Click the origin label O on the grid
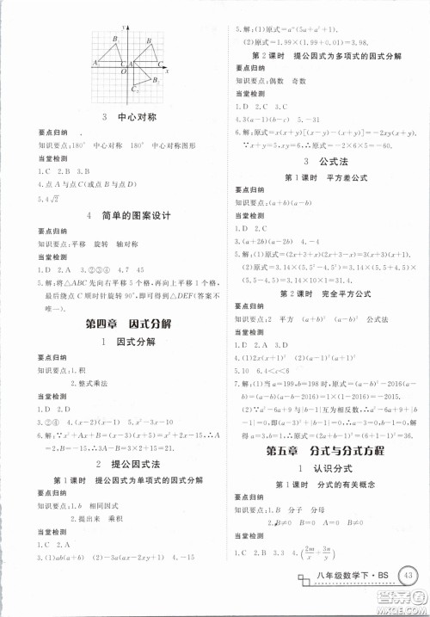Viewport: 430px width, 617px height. point(123,72)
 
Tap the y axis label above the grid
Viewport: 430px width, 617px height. point(124,28)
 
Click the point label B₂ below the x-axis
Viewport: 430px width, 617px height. point(155,80)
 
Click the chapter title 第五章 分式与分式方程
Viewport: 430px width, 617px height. point(322,453)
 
